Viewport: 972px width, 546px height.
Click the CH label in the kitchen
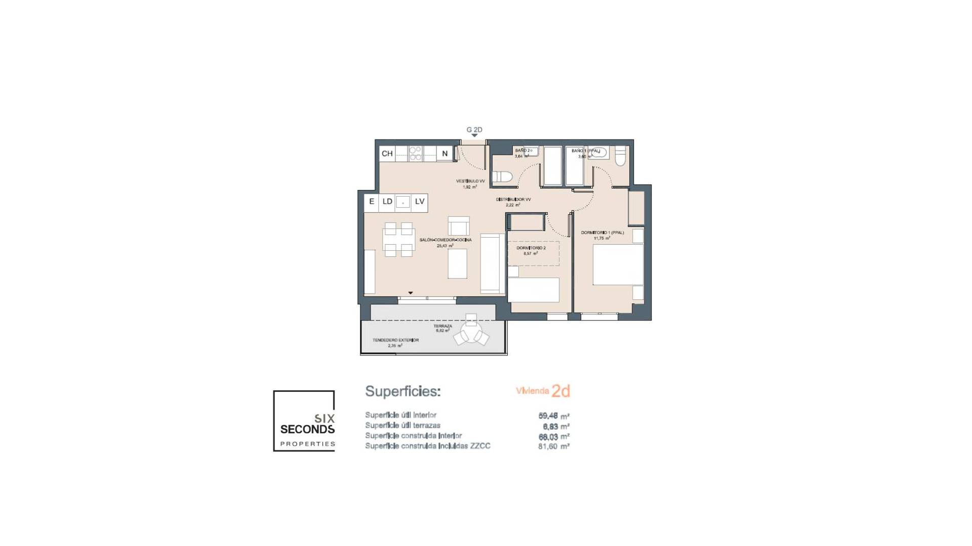point(387,154)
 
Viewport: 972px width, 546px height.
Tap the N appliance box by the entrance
point(445,154)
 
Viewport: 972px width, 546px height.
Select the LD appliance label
point(387,202)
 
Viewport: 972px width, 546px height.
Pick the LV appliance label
point(420,202)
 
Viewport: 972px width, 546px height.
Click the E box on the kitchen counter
point(372,202)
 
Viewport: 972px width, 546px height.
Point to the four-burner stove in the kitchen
point(415,154)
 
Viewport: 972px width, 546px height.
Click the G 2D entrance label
point(474,130)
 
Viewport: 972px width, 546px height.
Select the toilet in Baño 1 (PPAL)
point(620,157)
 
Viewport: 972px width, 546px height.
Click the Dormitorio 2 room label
point(531,248)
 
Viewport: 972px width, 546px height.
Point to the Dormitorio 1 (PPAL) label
point(602,233)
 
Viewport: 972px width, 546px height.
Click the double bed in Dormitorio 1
point(618,265)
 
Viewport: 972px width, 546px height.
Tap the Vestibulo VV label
point(470,181)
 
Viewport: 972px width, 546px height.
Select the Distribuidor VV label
point(513,200)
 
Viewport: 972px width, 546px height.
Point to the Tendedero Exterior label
point(395,340)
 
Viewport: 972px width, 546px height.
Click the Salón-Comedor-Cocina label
point(445,240)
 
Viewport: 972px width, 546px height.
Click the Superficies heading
point(403,391)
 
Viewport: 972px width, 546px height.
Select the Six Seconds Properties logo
point(304,421)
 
